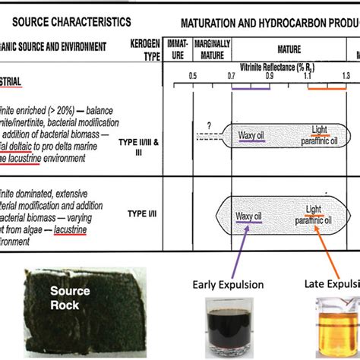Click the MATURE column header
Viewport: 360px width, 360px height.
point(288,48)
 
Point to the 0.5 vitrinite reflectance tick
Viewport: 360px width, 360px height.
point(193,77)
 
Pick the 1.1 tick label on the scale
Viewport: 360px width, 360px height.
point(309,77)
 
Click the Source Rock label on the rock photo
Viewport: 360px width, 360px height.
point(70,297)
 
